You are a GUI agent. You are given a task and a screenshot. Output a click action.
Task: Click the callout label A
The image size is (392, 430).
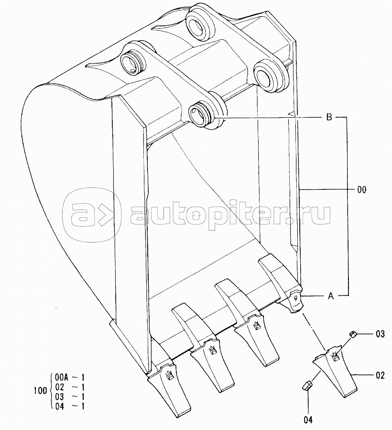pos(330,296)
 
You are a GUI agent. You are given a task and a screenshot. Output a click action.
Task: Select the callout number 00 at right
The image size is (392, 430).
pos(361,190)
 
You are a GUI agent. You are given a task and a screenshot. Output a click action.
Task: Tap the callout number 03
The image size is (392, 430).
pos(380,334)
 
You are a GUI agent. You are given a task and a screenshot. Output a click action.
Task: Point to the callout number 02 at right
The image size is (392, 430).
pos(380,375)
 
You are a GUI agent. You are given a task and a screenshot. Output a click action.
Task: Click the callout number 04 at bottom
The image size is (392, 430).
pos(308,419)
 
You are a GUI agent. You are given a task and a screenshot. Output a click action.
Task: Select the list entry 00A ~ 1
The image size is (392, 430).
pos(70,377)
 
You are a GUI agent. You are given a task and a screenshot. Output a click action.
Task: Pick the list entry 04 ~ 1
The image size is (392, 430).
pos(70,406)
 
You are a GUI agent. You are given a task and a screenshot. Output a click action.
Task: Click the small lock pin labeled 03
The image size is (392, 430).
pos(353,334)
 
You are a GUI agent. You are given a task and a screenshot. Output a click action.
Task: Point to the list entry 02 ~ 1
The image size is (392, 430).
pos(70,387)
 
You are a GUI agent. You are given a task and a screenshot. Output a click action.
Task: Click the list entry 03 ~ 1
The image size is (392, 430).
pos(70,397)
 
